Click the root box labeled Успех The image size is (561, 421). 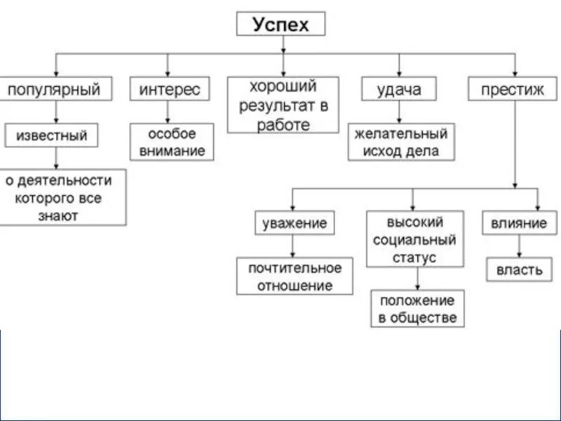click(x=280, y=25)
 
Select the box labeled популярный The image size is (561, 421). click(x=54, y=89)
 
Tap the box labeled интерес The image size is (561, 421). click(x=169, y=89)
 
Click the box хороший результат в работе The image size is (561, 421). click(x=283, y=105)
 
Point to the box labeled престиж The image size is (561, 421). click(x=516, y=89)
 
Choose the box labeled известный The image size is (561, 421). click(x=52, y=135)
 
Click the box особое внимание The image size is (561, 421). click(x=172, y=142)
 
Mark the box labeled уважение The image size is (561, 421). click(x=295, y=224)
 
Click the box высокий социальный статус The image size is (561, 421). click(x=414, y=239)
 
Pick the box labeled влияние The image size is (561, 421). click(x=518, y=224)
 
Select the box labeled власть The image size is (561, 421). click(x=519, y=270)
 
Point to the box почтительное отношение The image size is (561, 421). click(x=295, y=276)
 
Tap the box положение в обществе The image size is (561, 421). click(x=417, y=309)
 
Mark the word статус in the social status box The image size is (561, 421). click(x=414, y=258)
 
